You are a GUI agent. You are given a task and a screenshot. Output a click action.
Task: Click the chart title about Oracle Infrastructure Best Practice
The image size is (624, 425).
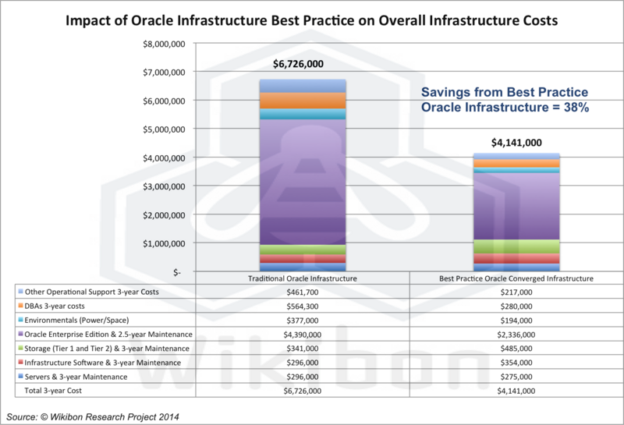coord(312,21)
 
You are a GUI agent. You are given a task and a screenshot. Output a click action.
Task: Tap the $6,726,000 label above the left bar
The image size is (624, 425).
coord(303,66)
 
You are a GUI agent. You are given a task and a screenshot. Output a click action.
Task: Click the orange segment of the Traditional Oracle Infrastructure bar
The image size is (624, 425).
coord(303,101)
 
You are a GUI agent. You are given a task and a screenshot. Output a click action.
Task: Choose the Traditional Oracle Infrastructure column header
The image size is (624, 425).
coord(303,278)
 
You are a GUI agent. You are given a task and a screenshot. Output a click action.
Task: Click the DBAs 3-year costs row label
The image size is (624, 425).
coord(62,305)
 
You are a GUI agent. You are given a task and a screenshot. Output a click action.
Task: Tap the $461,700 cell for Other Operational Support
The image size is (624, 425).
coord(303,292)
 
